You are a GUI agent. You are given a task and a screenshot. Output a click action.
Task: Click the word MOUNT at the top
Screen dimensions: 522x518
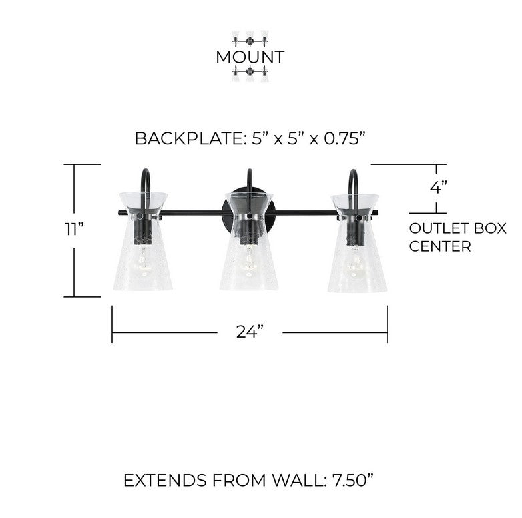[250, 57]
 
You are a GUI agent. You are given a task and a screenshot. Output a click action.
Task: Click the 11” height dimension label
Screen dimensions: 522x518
[74, 229]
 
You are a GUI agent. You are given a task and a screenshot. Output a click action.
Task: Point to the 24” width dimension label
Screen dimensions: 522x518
[250, 332]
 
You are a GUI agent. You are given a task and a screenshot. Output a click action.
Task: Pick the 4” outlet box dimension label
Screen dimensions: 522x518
[438, 187]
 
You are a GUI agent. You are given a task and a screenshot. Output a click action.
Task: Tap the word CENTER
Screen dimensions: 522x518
[440, 246]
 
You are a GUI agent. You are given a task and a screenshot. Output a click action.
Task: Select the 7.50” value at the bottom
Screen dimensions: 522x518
[353, 480]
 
